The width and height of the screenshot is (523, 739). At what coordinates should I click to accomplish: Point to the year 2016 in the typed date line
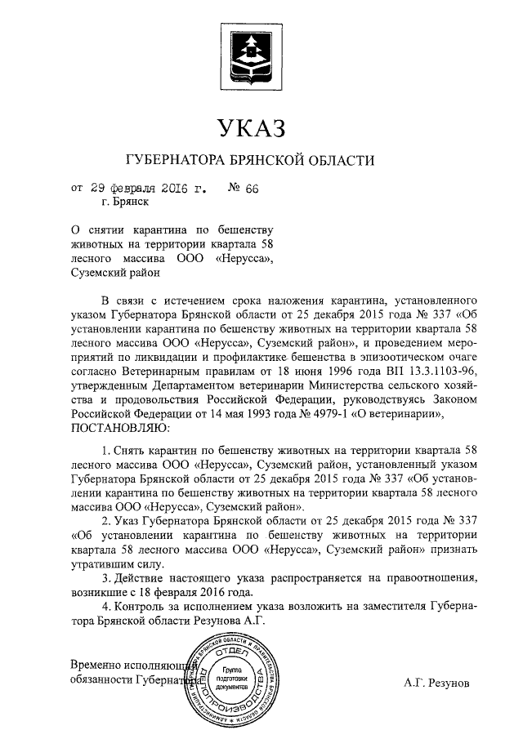(177, 189)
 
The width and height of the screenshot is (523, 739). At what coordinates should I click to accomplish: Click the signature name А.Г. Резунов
(437, 682)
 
